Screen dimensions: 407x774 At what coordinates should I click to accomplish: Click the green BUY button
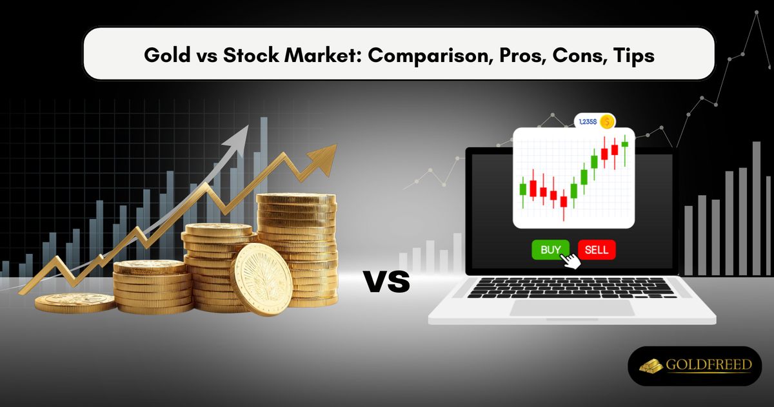tap(550, 249)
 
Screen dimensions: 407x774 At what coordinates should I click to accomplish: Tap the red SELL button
tap(597, 249)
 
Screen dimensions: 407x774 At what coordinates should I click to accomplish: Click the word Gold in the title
tap(162, 55)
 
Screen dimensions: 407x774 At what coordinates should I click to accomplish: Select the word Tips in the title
tap(635, 55)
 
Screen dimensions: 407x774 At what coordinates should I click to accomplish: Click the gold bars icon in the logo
tap(652, 366)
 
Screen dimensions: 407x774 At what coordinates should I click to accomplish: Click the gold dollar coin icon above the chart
tap(606, 121)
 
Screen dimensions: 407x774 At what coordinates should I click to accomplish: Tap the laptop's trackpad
tap(572, 308)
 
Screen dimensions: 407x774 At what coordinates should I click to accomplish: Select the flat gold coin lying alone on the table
tap(75, 302)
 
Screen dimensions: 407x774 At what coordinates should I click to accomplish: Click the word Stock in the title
tap(250, 55)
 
